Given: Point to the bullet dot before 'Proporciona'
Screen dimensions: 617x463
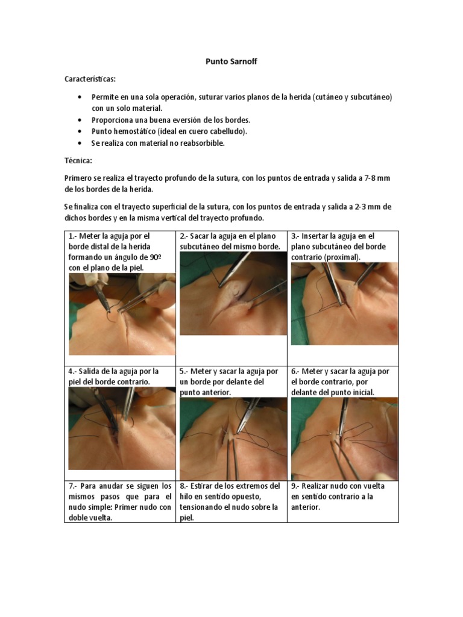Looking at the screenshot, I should click(x=81, y=120).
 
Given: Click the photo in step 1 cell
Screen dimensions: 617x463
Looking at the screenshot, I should click(x=122, y=313).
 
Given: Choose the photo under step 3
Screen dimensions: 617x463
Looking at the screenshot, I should click(x=344, y=304).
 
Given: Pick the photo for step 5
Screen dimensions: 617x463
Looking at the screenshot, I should click(x=233, y=439).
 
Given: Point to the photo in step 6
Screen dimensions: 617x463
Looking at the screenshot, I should click(x=344, y=439).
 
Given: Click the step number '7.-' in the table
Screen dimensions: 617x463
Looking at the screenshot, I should click(x=74, y=486).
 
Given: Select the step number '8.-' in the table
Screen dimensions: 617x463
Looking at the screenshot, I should click(x=185, y=486).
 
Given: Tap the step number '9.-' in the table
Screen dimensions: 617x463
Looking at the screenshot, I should click(x=297, y=486).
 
